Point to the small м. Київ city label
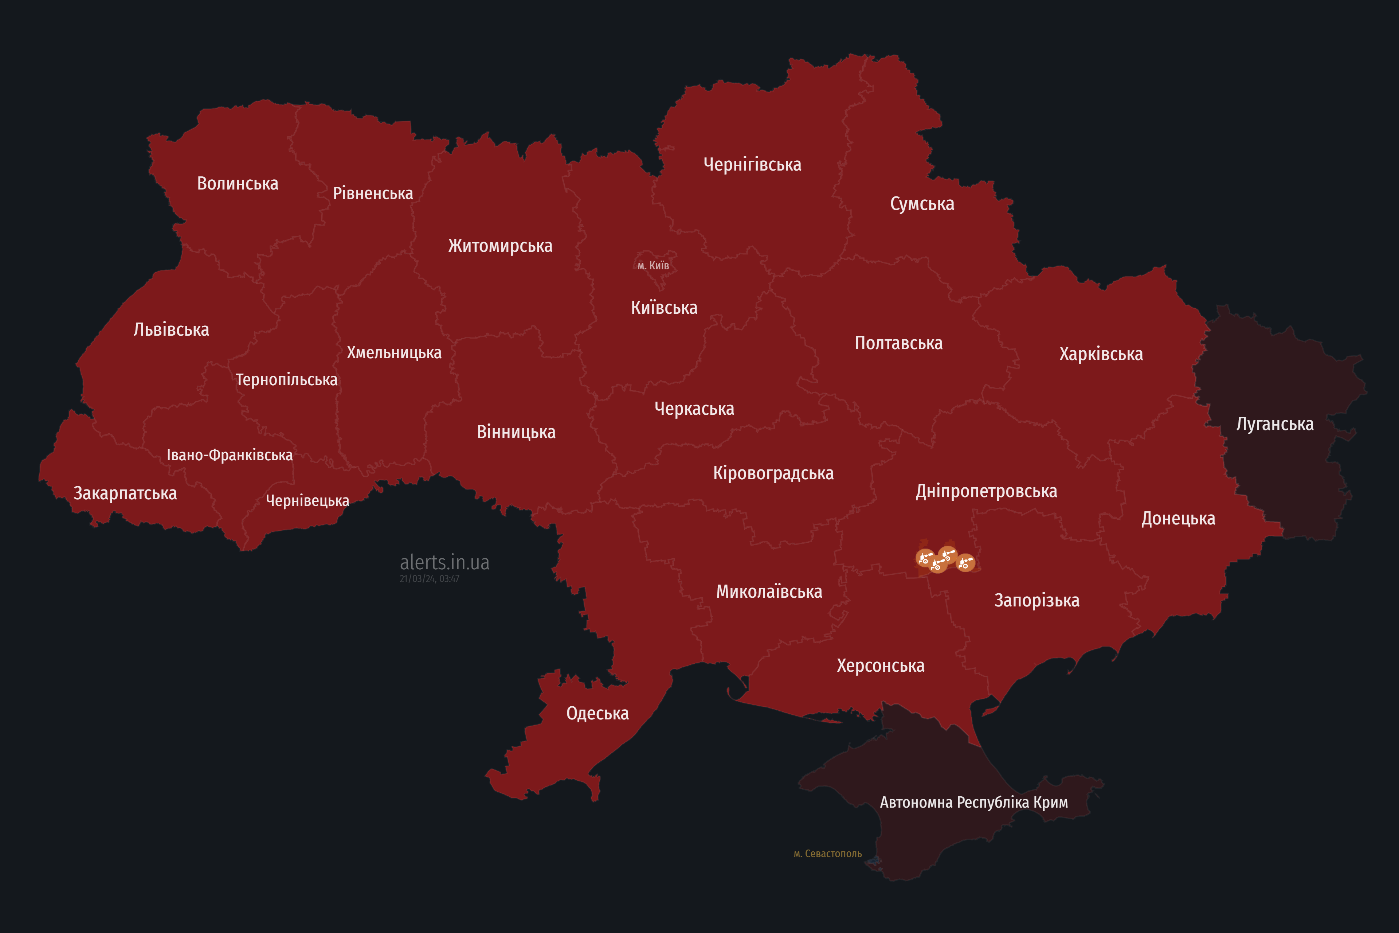(653, 265)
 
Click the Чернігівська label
(752, 164)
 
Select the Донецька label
(1178, 518)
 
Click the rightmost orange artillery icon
(965, 562)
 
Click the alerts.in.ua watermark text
(444, 562)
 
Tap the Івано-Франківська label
(229, 455)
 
